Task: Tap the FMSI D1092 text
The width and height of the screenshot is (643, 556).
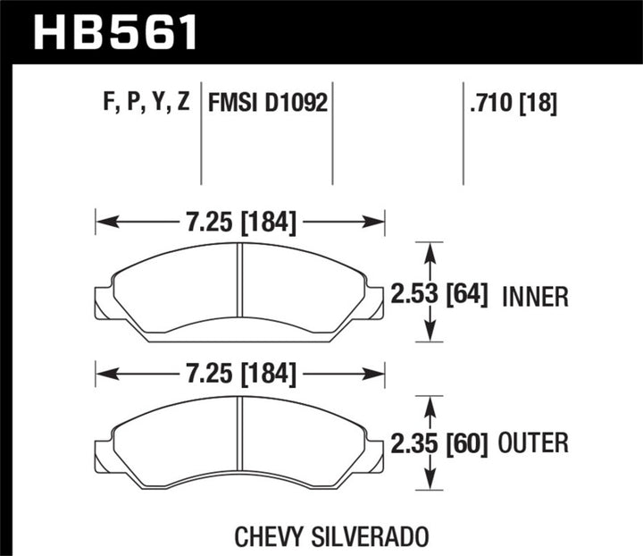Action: [267, 103]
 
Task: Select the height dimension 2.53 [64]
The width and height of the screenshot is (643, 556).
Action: [439, 294]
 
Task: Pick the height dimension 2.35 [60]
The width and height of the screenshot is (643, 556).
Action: [439, 442]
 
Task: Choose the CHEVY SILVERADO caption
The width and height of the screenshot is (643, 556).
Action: [333, 535]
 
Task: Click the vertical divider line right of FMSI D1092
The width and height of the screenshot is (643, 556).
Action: [332, 134]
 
